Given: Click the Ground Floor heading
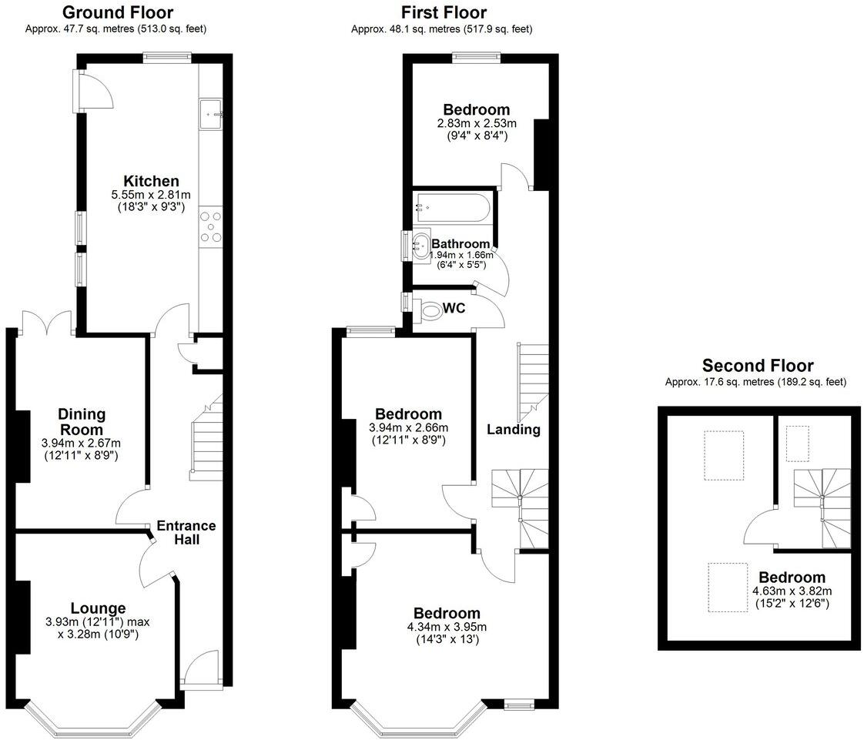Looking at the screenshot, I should [117, 12].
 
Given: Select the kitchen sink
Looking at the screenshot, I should [210, 114].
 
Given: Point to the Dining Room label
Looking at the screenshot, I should [81, 422].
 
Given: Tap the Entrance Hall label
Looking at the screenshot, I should [186, 532].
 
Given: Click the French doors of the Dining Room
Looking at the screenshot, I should [48, 322].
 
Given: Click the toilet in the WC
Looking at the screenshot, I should [432, 310].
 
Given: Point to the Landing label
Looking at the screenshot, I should [514, 430].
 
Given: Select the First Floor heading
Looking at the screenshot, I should [444, 12].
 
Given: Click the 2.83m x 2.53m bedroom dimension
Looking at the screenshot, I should [476, 123].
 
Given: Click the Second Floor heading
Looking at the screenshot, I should [757, 366].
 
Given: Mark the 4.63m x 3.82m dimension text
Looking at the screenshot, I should [791, 591].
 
